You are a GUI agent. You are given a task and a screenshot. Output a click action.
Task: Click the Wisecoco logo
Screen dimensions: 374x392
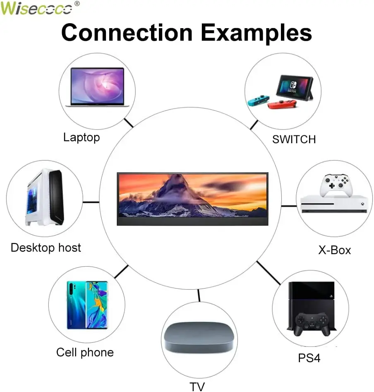click(36, 8)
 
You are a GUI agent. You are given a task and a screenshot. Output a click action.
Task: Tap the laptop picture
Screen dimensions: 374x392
click(97, 87)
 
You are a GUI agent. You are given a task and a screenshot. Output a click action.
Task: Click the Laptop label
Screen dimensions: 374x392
click(82, 137)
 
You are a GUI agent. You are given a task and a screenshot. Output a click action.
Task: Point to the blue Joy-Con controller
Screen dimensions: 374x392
click(258, 101)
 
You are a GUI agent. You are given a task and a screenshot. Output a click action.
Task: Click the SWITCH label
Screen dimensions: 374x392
click(294, 139)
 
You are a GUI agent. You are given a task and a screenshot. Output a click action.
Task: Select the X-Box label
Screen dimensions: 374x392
click(334, 250)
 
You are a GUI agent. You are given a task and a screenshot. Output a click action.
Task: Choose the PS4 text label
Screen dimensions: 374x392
click(309, 358)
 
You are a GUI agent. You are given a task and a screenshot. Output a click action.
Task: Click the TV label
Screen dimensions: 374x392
click(197, 387)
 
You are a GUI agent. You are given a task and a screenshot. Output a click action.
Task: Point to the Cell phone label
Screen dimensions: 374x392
click(85, 352)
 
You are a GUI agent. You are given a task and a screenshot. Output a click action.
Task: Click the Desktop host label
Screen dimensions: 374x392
click(46, 248)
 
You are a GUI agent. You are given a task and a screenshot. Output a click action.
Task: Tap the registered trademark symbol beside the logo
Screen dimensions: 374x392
click(77, 4)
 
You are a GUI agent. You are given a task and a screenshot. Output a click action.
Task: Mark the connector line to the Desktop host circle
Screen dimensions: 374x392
click(91, 202)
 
